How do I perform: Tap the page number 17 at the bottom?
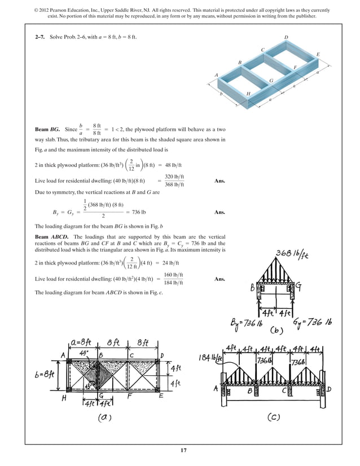tap(180, 450)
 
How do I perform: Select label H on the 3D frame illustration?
tap(248, 93)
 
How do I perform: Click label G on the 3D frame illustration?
tap(271, 81)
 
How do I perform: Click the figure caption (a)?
tap(107, 417)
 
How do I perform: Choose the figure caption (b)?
tap(278, 330)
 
